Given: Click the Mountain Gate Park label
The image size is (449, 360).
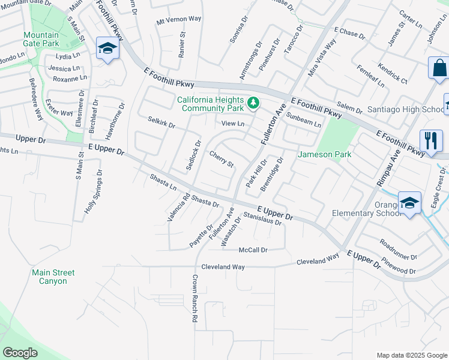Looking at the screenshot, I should [41, 39].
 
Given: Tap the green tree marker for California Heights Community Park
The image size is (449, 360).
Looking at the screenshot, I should [253, 103].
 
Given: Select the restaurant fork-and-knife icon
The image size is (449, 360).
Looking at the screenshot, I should [431, 142].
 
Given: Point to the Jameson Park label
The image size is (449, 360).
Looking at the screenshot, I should [325, 154].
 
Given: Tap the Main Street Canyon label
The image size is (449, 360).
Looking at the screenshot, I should [53, 277].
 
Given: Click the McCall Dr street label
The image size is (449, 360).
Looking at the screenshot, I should [253, 250].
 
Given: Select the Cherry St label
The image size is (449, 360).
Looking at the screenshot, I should [221, 160].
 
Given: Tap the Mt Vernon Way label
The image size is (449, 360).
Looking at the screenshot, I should [178, 19].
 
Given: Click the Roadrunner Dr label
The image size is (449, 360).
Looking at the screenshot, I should [398, 249].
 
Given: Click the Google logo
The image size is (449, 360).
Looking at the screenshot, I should [20, 353].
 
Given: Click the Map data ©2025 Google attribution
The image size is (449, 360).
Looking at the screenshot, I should [411, 355].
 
